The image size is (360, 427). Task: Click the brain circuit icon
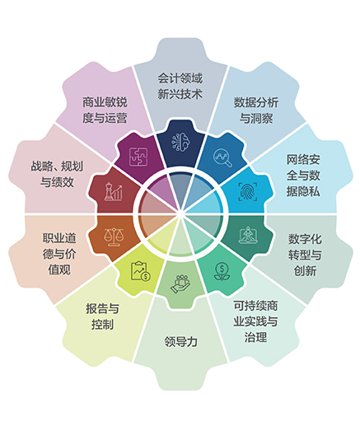click(x=180, y=142)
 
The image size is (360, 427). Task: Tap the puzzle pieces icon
click(x=138, y=157)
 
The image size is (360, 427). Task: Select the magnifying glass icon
click(x=222, y=157)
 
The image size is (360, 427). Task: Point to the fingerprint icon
click(x=248, y=191)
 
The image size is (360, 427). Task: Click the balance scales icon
click(x=114, y=237)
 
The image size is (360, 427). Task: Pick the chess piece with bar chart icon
click(x=113, y=191)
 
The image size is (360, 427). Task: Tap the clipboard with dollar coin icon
click(x=141, y=271)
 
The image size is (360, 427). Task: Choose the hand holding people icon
click(x=180, y=284)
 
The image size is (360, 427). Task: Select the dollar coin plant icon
click(x=222, y=271)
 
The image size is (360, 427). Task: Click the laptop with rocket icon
click(x=248, y=235)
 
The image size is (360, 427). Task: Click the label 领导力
click(x=181, y=341)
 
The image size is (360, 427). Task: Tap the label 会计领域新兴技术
click(x=180, y=87)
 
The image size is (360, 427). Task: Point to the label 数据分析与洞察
click(x=256, y=110)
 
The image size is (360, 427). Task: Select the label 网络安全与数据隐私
click(x=303, y=176)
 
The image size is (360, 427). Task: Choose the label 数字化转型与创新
click(x=305, y=255)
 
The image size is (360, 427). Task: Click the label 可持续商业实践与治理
click(x=255, y=321)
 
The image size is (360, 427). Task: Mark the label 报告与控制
click(x=102, y=317)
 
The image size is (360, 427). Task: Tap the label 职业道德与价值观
click(x=59, y=254)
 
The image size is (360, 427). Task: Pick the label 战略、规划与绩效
click(x=57, y=174)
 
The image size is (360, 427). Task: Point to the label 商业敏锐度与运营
click(x=105, y=110)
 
